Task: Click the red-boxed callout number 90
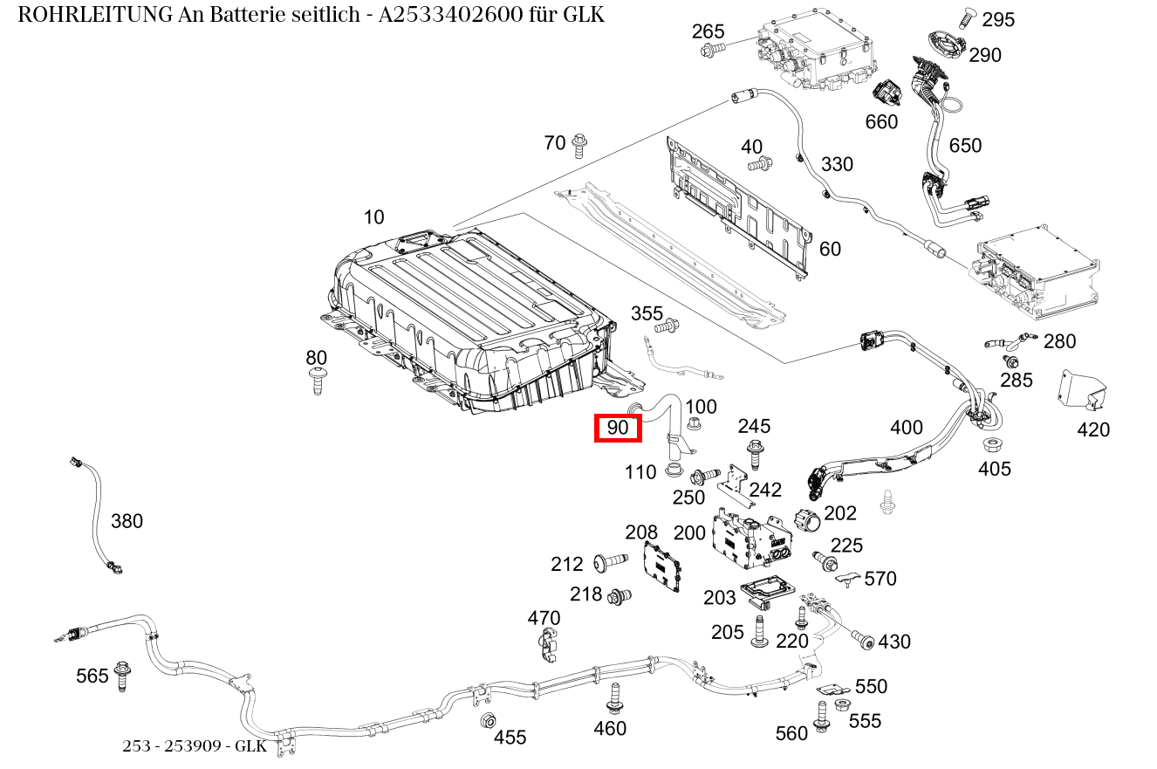[x=618, y=428]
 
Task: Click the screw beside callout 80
[x=317, y=381]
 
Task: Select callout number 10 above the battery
[x=374, y=217]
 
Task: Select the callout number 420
[x=1093, y=429]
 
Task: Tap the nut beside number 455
[x=489, y=721]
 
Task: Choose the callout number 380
[x=127, y=521]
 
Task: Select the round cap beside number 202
[x=808, y=521]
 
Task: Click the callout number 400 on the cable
[x=906, y=428]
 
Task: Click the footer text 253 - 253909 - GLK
[x=194, y=746]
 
